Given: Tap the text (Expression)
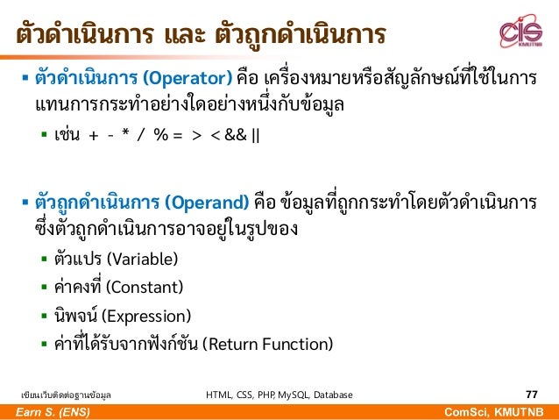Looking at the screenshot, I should (x=146, y=316).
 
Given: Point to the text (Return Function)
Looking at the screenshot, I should (x=267, y=344).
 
